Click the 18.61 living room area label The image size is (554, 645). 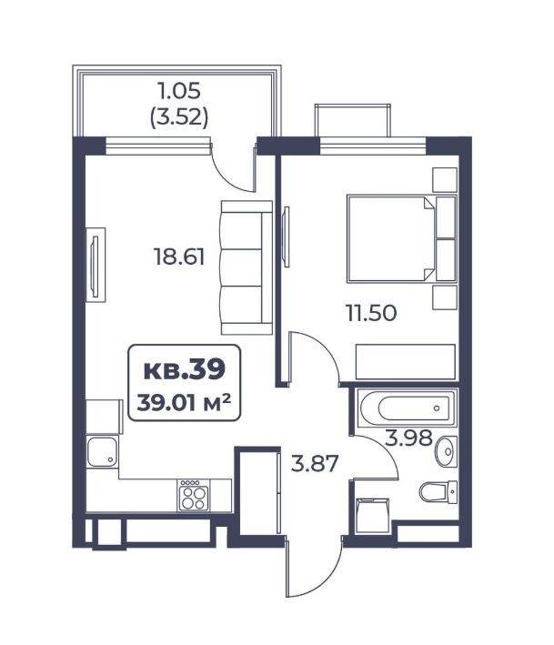[179, 257]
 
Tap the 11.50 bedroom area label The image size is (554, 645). [371, 313]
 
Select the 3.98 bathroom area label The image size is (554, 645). [408, 438]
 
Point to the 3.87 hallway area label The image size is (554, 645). [315, 463]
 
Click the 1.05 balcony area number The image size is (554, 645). [179, 90]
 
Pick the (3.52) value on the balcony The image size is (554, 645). [179, 117]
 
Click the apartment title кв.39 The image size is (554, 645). [185, 369]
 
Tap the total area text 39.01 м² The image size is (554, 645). [184, 402]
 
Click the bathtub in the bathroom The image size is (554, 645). [407, 408]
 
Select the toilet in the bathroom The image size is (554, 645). [438, 492]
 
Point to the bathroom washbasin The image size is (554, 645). [447, 451]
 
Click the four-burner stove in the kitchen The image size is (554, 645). [193, 496]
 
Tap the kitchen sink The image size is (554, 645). [102, 451]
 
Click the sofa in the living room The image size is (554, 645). [247, 267]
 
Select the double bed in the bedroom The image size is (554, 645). [401, 239]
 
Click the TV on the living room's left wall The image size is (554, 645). [96, 266]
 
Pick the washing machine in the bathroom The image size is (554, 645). [372, 516]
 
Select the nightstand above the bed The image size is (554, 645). [445, 180]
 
